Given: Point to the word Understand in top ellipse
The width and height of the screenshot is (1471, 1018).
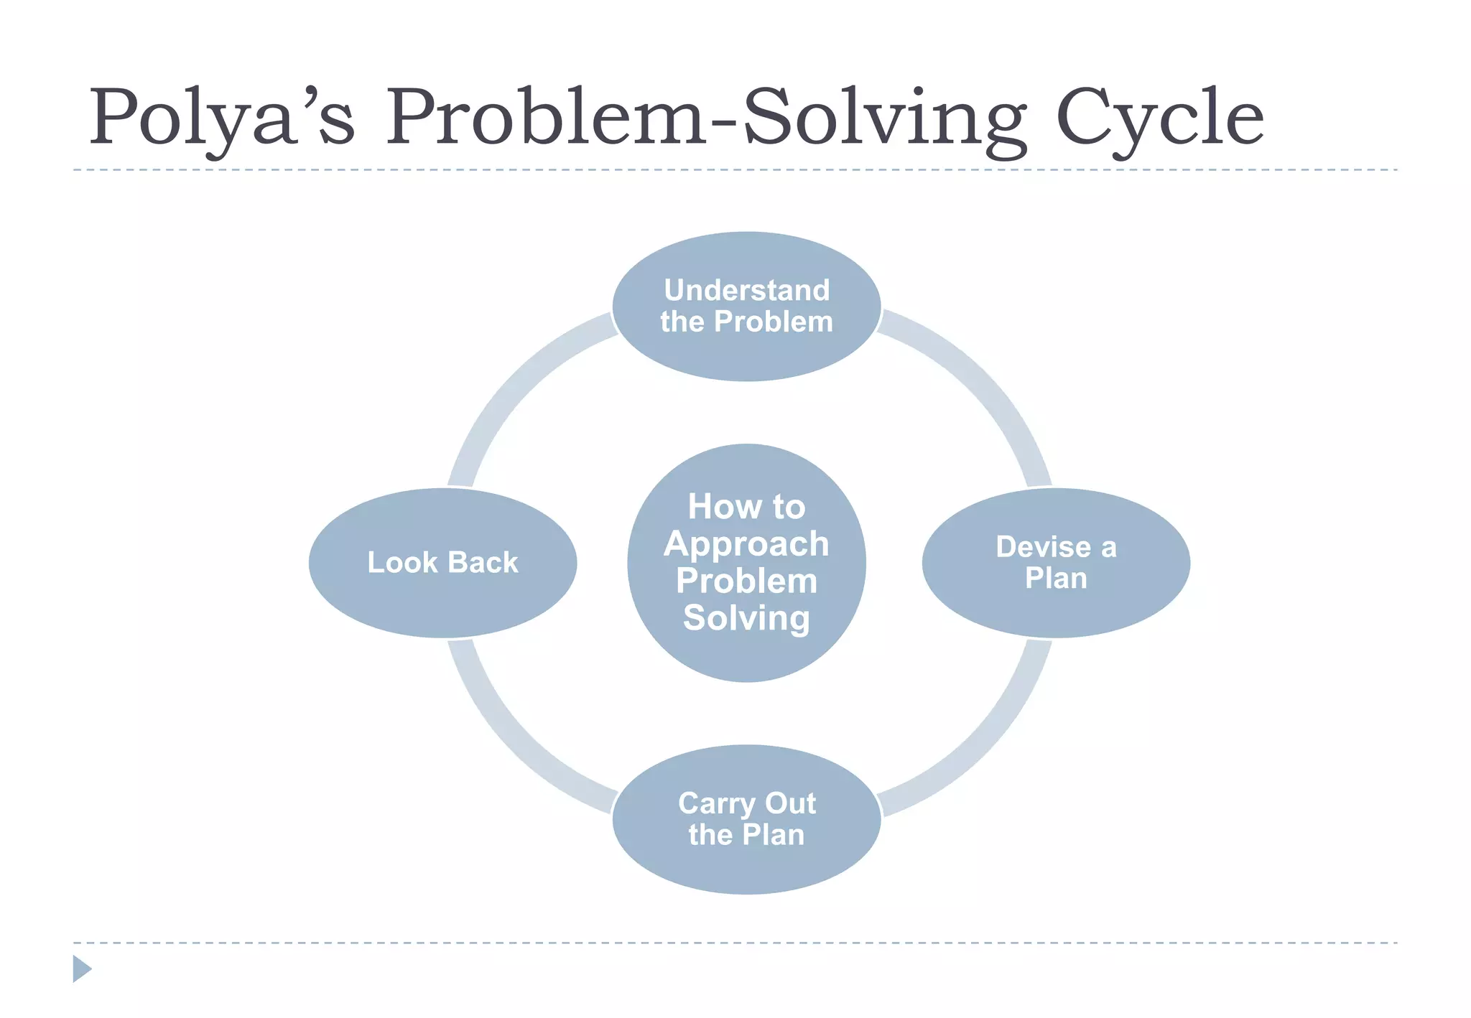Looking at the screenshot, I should [x=746, y=290].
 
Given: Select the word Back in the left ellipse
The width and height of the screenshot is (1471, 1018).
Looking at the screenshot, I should [x=482, y=562].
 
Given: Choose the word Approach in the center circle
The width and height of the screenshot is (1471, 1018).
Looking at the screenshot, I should [x=746, y=543].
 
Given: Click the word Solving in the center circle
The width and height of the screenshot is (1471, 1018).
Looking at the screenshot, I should [x=746, y=618].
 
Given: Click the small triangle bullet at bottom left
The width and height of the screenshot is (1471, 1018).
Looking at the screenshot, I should [x=81, y=968].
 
